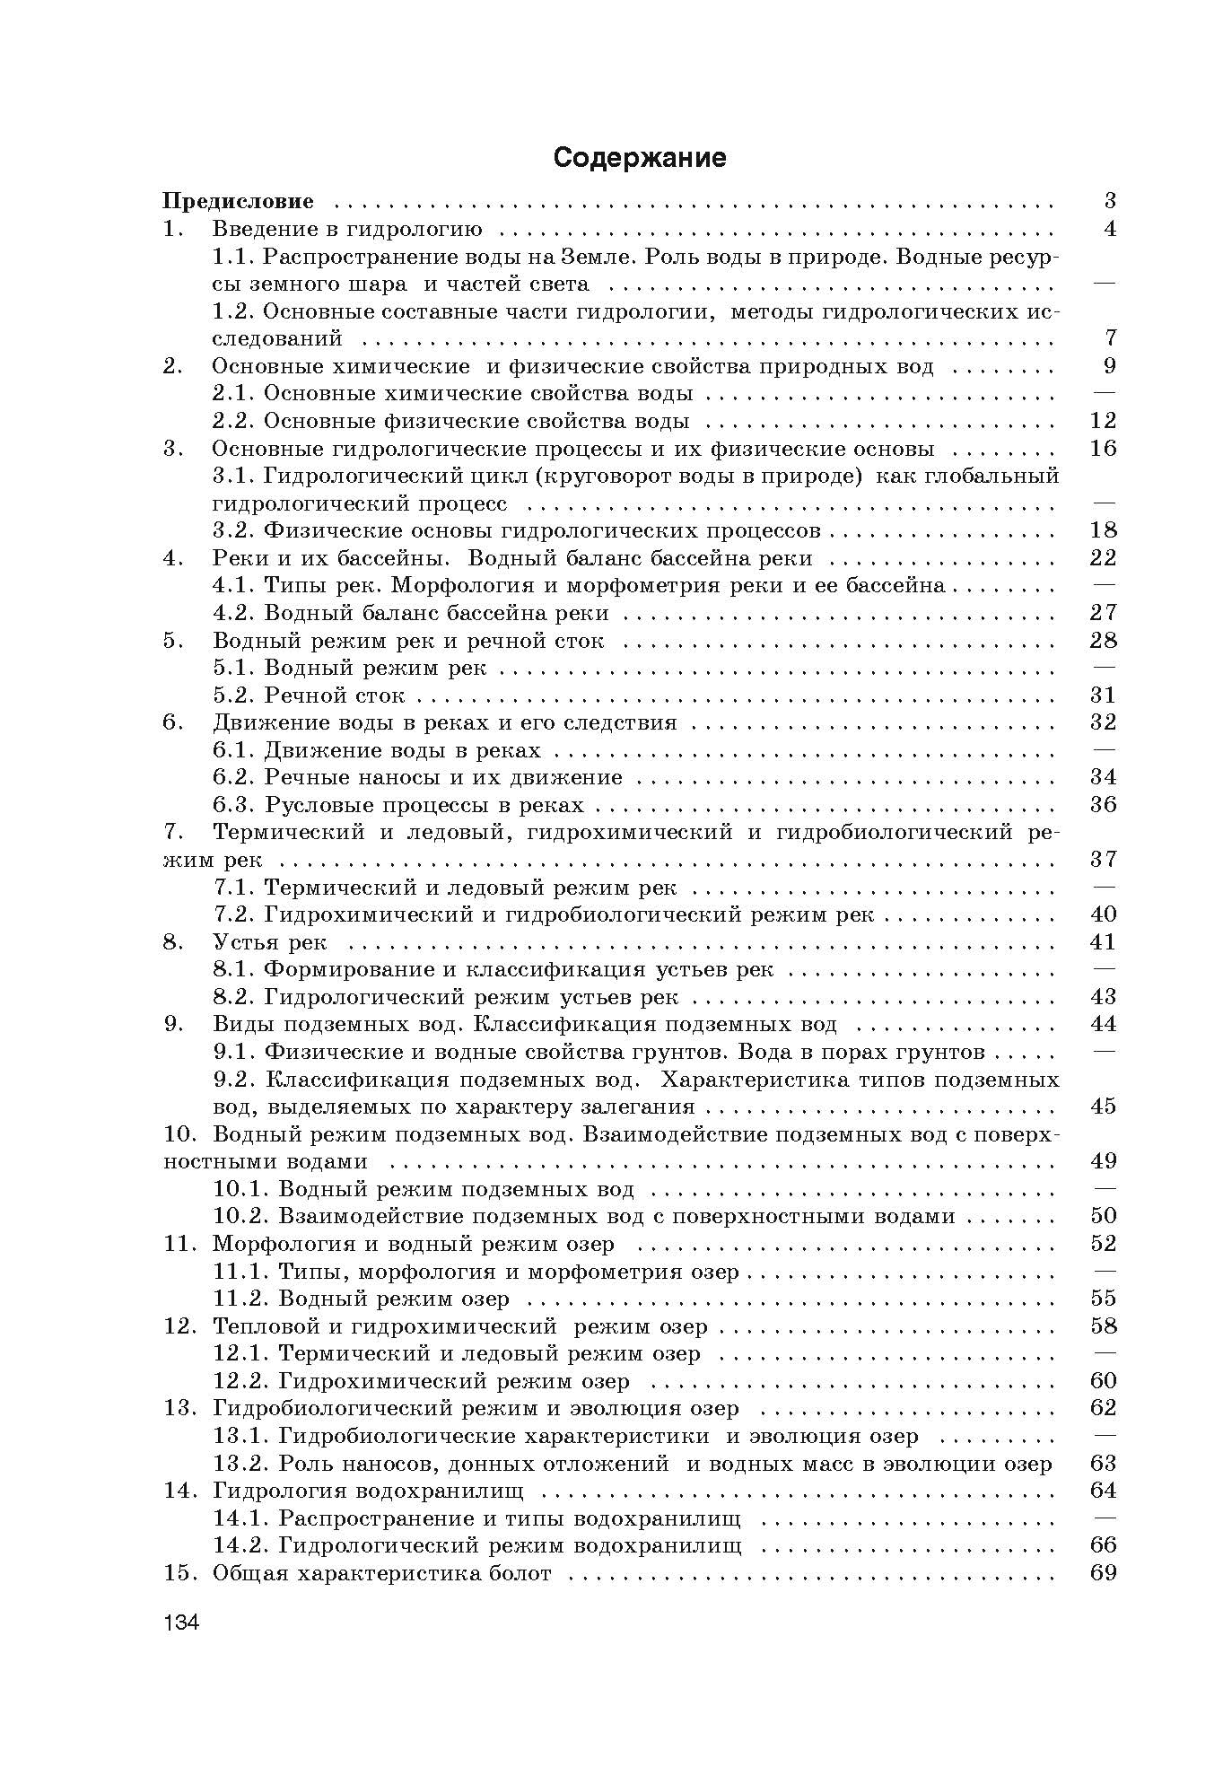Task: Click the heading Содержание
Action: (639, 158)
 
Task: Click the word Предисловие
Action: (238, 201)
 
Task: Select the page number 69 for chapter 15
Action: (1102, 1573)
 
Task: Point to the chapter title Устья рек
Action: (269, 942)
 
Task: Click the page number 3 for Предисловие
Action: (1109, 201)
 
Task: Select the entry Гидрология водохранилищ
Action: (368, 1491)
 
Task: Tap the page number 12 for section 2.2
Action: (1102, 421)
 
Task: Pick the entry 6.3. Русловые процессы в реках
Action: (398, 805)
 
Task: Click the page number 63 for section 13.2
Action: (1102, 1464)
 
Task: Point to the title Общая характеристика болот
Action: (381, 1573)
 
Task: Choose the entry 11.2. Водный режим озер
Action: (362, 1299)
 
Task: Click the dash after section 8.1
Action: (1104, 969)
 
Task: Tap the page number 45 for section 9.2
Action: (1102, 1107)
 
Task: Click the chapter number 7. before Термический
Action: (174, 832)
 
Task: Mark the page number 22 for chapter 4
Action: (1102, 558)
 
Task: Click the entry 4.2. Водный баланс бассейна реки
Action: (411, 614)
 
